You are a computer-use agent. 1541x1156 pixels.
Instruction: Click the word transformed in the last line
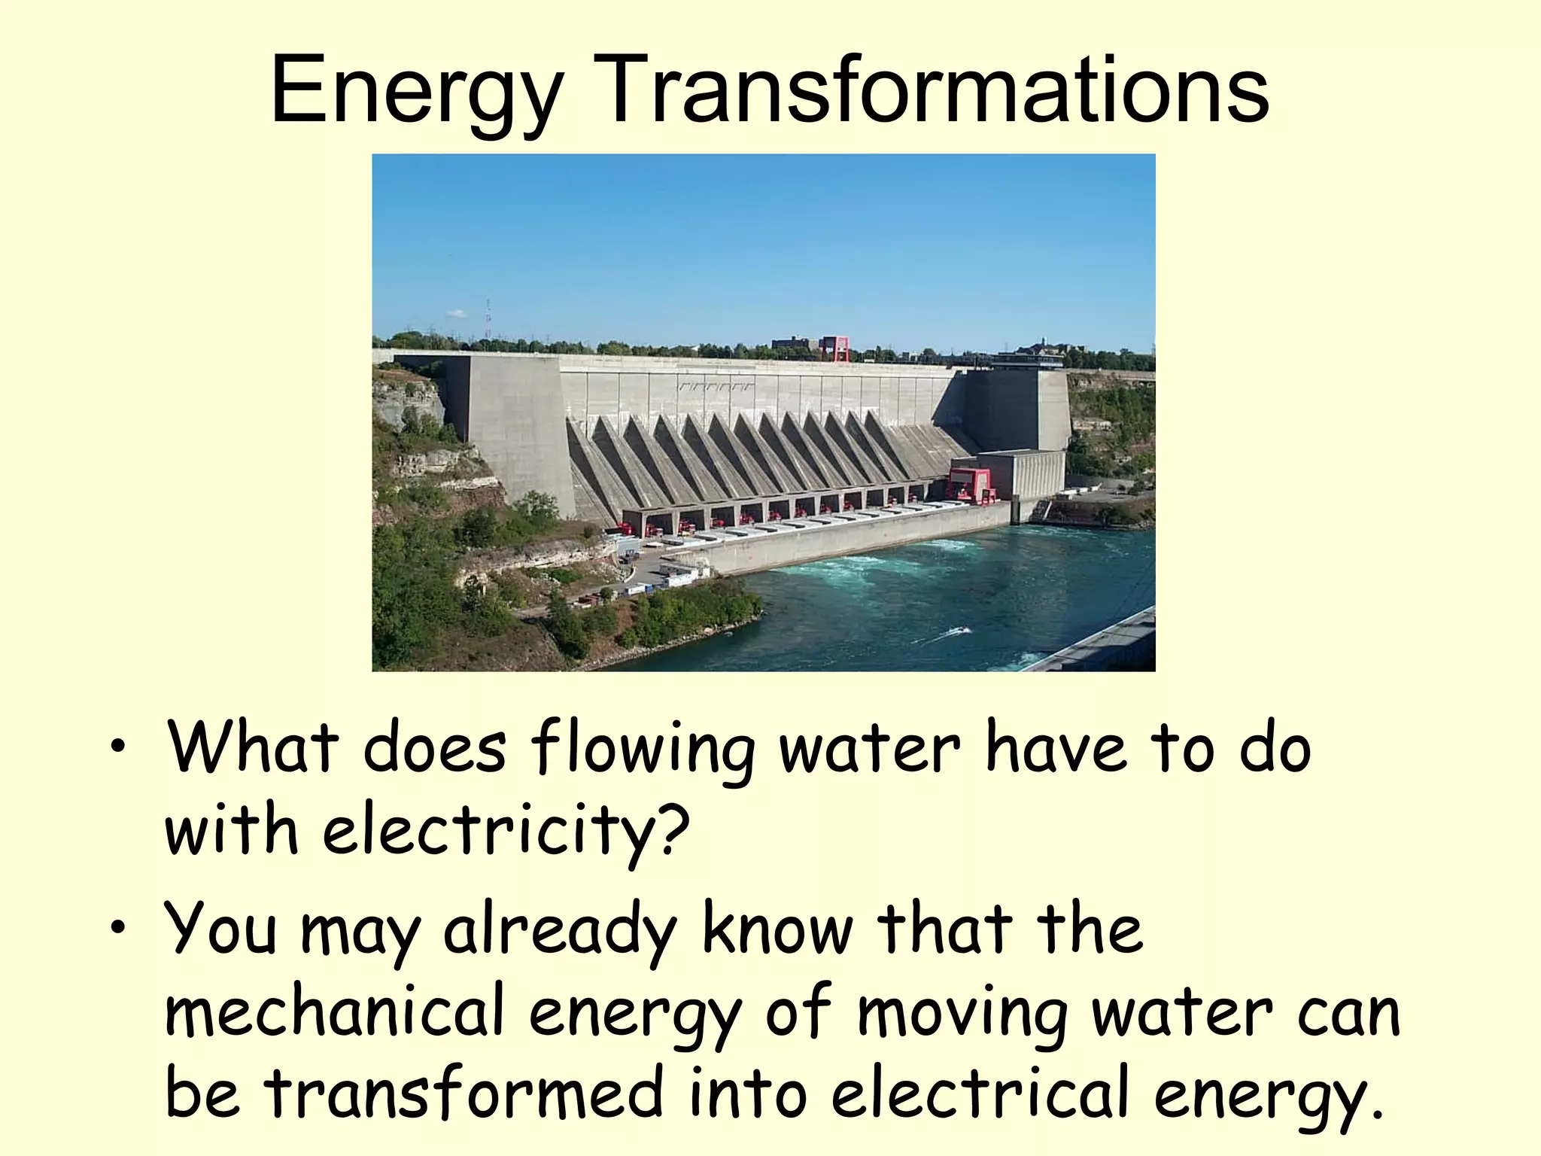click(464, 1094)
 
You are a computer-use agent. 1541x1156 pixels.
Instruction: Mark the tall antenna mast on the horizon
click(488, 320)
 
